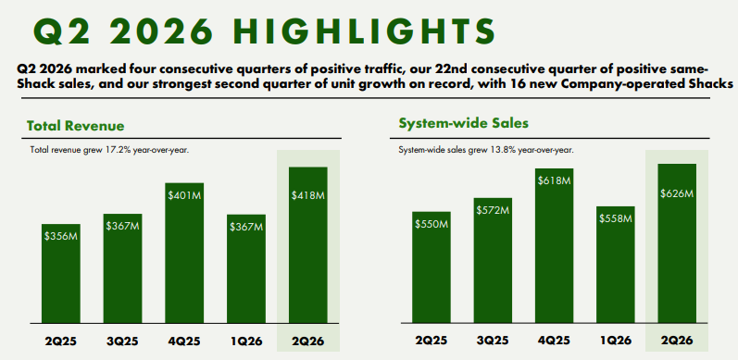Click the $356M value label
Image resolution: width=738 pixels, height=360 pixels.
pos(61,236)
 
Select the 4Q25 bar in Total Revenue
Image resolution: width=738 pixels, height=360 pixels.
pos(184,253)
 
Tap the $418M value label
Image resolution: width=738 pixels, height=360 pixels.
pos(307,195)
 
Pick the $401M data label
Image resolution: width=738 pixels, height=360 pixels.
pos(184,195)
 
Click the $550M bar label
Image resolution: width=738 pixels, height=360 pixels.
pos(432,225)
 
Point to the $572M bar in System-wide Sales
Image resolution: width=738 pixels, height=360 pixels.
pos(493,261)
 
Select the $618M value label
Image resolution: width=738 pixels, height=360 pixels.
pos(555,180)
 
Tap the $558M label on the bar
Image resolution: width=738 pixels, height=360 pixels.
pos(616,218)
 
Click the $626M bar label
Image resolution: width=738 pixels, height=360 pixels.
pos(677,193)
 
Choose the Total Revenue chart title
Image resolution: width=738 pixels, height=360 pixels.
pos(76,126)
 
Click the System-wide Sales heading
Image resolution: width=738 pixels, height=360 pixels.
pos(464,123)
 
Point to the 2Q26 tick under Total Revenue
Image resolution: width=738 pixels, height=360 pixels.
pos(307,341)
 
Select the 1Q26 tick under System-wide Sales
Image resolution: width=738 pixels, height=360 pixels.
pos(616,341)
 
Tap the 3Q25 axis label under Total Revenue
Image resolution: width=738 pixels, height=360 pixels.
pos(123,341)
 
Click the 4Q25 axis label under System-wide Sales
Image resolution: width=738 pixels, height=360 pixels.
pos(555,341)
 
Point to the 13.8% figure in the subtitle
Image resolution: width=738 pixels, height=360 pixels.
pos(477,151)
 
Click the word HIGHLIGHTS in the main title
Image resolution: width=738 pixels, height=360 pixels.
pos(364,32)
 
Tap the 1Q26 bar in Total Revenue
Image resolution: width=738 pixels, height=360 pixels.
pos(246,268)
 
